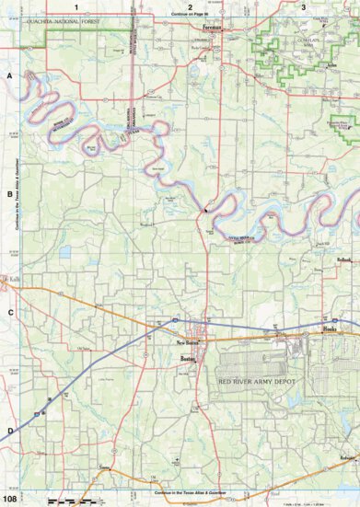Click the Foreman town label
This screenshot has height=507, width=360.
tap(213, 28)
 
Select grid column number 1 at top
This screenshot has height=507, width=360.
tap(88, 6)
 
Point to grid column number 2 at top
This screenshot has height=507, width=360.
tap(190, 6)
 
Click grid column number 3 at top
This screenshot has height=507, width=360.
tap(304, 6)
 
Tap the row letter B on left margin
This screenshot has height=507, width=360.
tap(10, 194)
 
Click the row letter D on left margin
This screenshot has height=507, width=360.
tap(10, 430)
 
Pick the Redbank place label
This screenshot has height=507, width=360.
tap(343, 260)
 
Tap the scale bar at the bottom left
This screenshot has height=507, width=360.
tap(69, 501)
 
